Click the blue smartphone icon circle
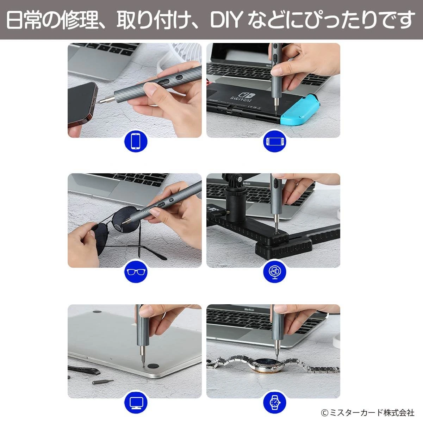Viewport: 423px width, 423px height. click(136, 141)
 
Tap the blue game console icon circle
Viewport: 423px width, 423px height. click(275, 141)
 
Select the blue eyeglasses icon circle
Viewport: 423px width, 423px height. click(136, 272)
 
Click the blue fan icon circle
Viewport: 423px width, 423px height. click(275, 272)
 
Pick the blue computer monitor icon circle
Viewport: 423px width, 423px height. click(136, 403)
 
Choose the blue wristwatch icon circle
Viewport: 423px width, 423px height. click(275, 403)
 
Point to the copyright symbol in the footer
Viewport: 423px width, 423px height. click(324, 413)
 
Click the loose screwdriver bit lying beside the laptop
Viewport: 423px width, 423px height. click(102, 382)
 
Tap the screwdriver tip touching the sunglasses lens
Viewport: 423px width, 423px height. click(123, 223)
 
